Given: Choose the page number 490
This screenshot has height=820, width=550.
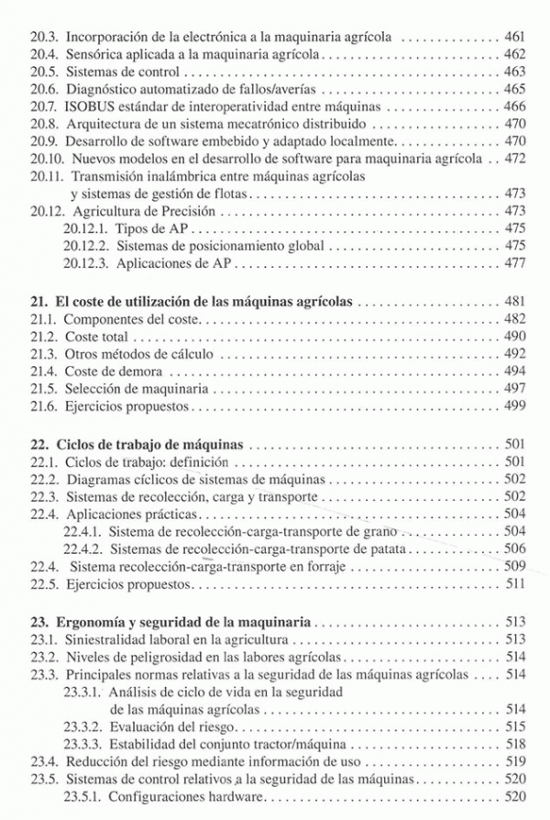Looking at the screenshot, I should pyautogui.click(x=514, y=336).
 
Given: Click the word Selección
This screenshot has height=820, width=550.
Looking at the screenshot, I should pyautogui.click(x=93, y=388).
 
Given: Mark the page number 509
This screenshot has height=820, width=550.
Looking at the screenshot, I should pyautogui.click(x=514, y=565).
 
